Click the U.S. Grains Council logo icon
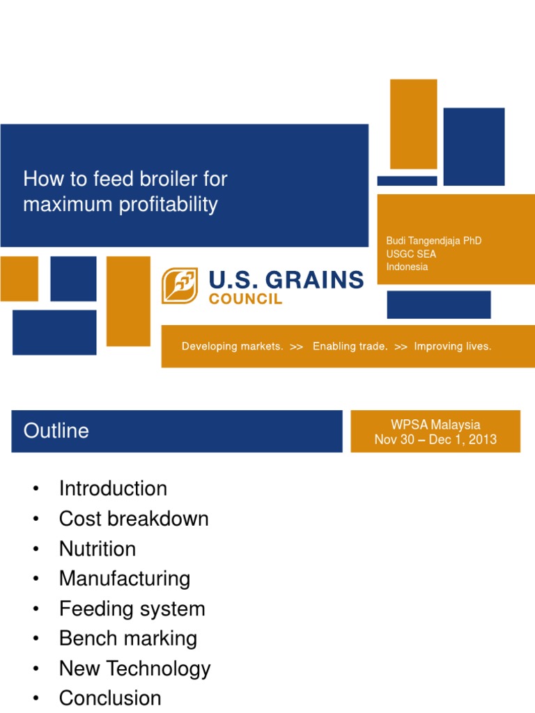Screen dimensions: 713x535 click(180, 286)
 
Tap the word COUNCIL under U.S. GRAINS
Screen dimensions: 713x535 click(246, 299)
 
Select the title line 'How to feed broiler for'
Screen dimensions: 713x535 click(125, 179)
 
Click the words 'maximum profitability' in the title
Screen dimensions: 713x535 click(120, 205)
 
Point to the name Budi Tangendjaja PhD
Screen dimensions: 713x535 click(434, 241)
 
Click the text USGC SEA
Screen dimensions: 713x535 click(411, 254)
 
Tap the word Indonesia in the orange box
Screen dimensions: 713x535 click(407, 267)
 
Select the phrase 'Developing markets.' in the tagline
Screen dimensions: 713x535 click(233, 346)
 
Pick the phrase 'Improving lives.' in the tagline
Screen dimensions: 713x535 click(452, 346)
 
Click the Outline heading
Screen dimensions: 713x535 click(56, 431)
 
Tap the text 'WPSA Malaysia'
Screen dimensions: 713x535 click(435, 425)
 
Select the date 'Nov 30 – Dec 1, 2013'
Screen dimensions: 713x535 click(435, 440)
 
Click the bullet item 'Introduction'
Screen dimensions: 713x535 click(113, 489)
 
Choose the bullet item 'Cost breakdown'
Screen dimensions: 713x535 click(134, 519)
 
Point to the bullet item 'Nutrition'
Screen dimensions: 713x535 click(98, 549)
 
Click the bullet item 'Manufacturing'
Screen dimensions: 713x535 click(125, 579)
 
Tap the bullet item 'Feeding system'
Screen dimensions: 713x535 click(132, 609)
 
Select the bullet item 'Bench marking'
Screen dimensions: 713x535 click(128, 638)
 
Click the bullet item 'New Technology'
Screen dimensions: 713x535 click(134, 668)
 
